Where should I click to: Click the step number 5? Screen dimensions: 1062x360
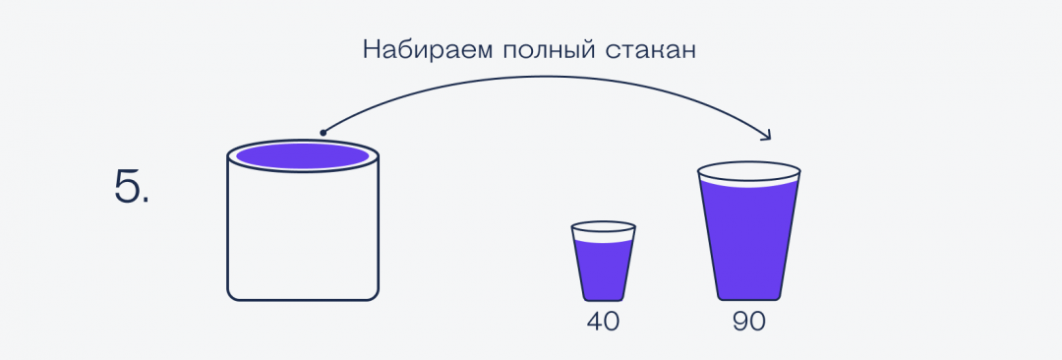[x=132, y=186]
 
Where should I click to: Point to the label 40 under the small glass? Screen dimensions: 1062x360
[x=603, y=323]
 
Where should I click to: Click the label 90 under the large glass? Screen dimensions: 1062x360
[x=749, y=323]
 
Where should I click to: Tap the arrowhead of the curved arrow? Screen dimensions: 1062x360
[x=770, y=136]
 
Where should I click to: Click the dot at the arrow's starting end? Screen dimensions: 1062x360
[x=323, y=132]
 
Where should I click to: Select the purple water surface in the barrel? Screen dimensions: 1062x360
[x=303, y=155]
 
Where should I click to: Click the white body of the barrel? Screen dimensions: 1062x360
[x=303, y=236]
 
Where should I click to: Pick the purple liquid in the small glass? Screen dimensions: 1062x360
[x=603, y=270]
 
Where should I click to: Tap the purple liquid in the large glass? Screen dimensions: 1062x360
[x=749, y=241]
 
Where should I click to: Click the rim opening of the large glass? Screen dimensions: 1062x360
[x=749, y=171]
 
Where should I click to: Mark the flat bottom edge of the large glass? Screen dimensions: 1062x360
[x=749, y=299]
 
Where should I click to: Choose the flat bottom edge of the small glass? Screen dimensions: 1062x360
[x=603, y=300]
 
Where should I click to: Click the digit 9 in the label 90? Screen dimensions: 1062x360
[x=740, y=323]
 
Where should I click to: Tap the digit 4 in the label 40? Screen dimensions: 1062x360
[x=593, y=323]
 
